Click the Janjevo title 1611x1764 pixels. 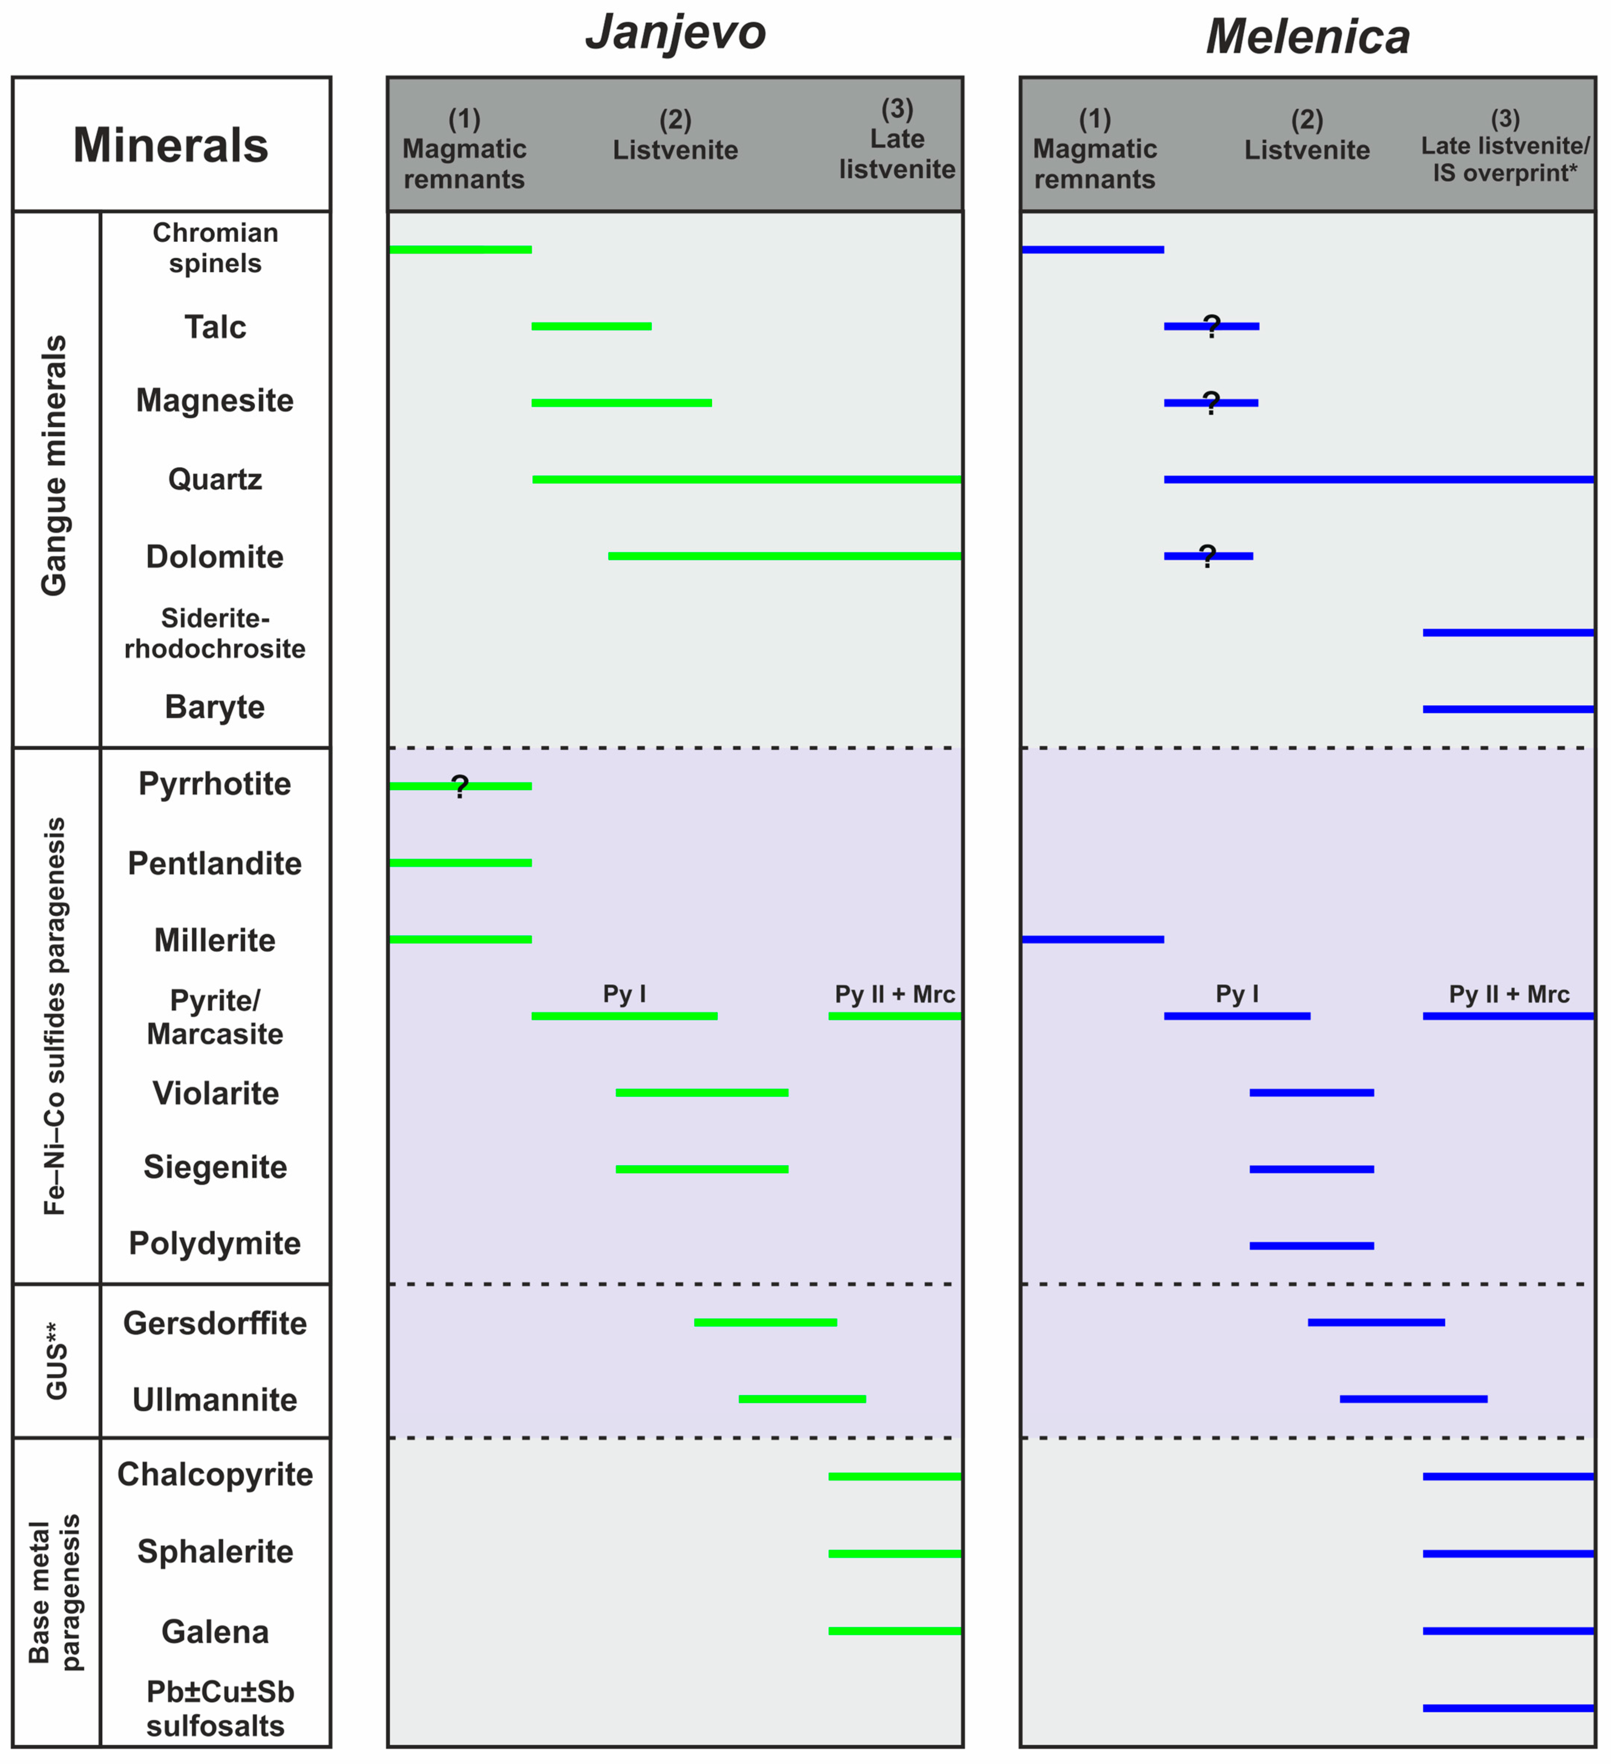coord(675,33)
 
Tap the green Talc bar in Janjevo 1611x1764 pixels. coord(591,326)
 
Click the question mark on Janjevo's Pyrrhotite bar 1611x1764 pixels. coord(460,787)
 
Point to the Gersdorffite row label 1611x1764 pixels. coord(215,1323)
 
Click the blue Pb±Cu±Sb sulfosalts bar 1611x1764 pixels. coord(1508,1708)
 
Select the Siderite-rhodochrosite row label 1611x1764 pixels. coord(215,633)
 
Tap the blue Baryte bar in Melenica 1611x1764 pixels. coord(1508,709)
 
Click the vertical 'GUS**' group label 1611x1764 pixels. coord(56,1361)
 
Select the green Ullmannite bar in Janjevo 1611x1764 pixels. coord(802,1399)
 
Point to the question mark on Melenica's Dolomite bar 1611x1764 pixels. coord(1208,555)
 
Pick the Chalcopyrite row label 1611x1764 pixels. coord(215,1474)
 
